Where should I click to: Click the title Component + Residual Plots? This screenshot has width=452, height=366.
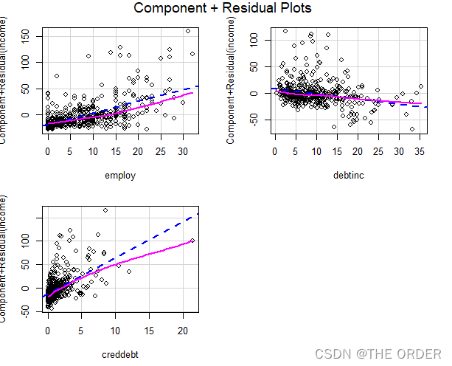[223, 9]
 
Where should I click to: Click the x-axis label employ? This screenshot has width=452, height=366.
[120, 176]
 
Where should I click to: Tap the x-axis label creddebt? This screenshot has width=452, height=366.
[120, 356]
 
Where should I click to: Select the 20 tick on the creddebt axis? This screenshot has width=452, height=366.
[185, 330]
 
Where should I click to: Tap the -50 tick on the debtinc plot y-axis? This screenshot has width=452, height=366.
[257, 120]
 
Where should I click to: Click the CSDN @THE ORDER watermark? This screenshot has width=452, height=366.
[378, 353]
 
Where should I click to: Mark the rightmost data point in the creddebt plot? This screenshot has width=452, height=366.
[192, 241]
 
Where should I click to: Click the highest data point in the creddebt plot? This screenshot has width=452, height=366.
[105, 210]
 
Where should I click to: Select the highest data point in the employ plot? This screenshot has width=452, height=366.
[188, 31]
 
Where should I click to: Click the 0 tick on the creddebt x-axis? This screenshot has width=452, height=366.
[48, 330]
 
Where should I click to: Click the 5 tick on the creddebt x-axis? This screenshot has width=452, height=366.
[82, 330]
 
